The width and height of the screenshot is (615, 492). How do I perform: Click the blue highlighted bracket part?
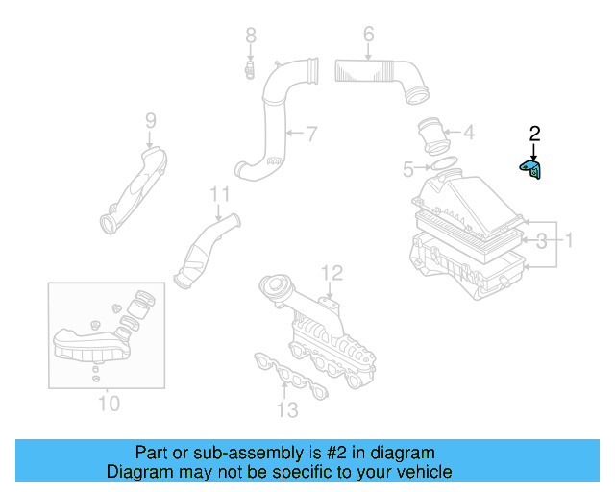pyautogui.click(x=531, y=170)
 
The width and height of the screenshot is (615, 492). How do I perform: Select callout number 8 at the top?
pyautogui.click(x=251, y=37)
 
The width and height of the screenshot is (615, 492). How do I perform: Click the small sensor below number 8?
pyautogui.click(x=249, y=69)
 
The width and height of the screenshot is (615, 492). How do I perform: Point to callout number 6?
pyautogui.click(x=368, y=37)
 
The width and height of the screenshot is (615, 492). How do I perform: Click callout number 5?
pyautogui.click(x=408, y=170)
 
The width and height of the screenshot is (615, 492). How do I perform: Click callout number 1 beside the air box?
pyautogui.click(x=568, y=239)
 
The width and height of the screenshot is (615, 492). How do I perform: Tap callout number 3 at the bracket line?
pyautogui.click(x=541, y=239)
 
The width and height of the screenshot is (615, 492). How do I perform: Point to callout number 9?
pyautogui.click(x=150, y=121)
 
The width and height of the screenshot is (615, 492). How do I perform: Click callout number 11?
pyautogui.click(x=221, y=195)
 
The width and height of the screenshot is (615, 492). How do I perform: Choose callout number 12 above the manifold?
pyautogui.click(x=331, y=273)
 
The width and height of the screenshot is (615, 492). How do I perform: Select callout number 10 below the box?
pyautogui.click(x=109, y=403)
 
